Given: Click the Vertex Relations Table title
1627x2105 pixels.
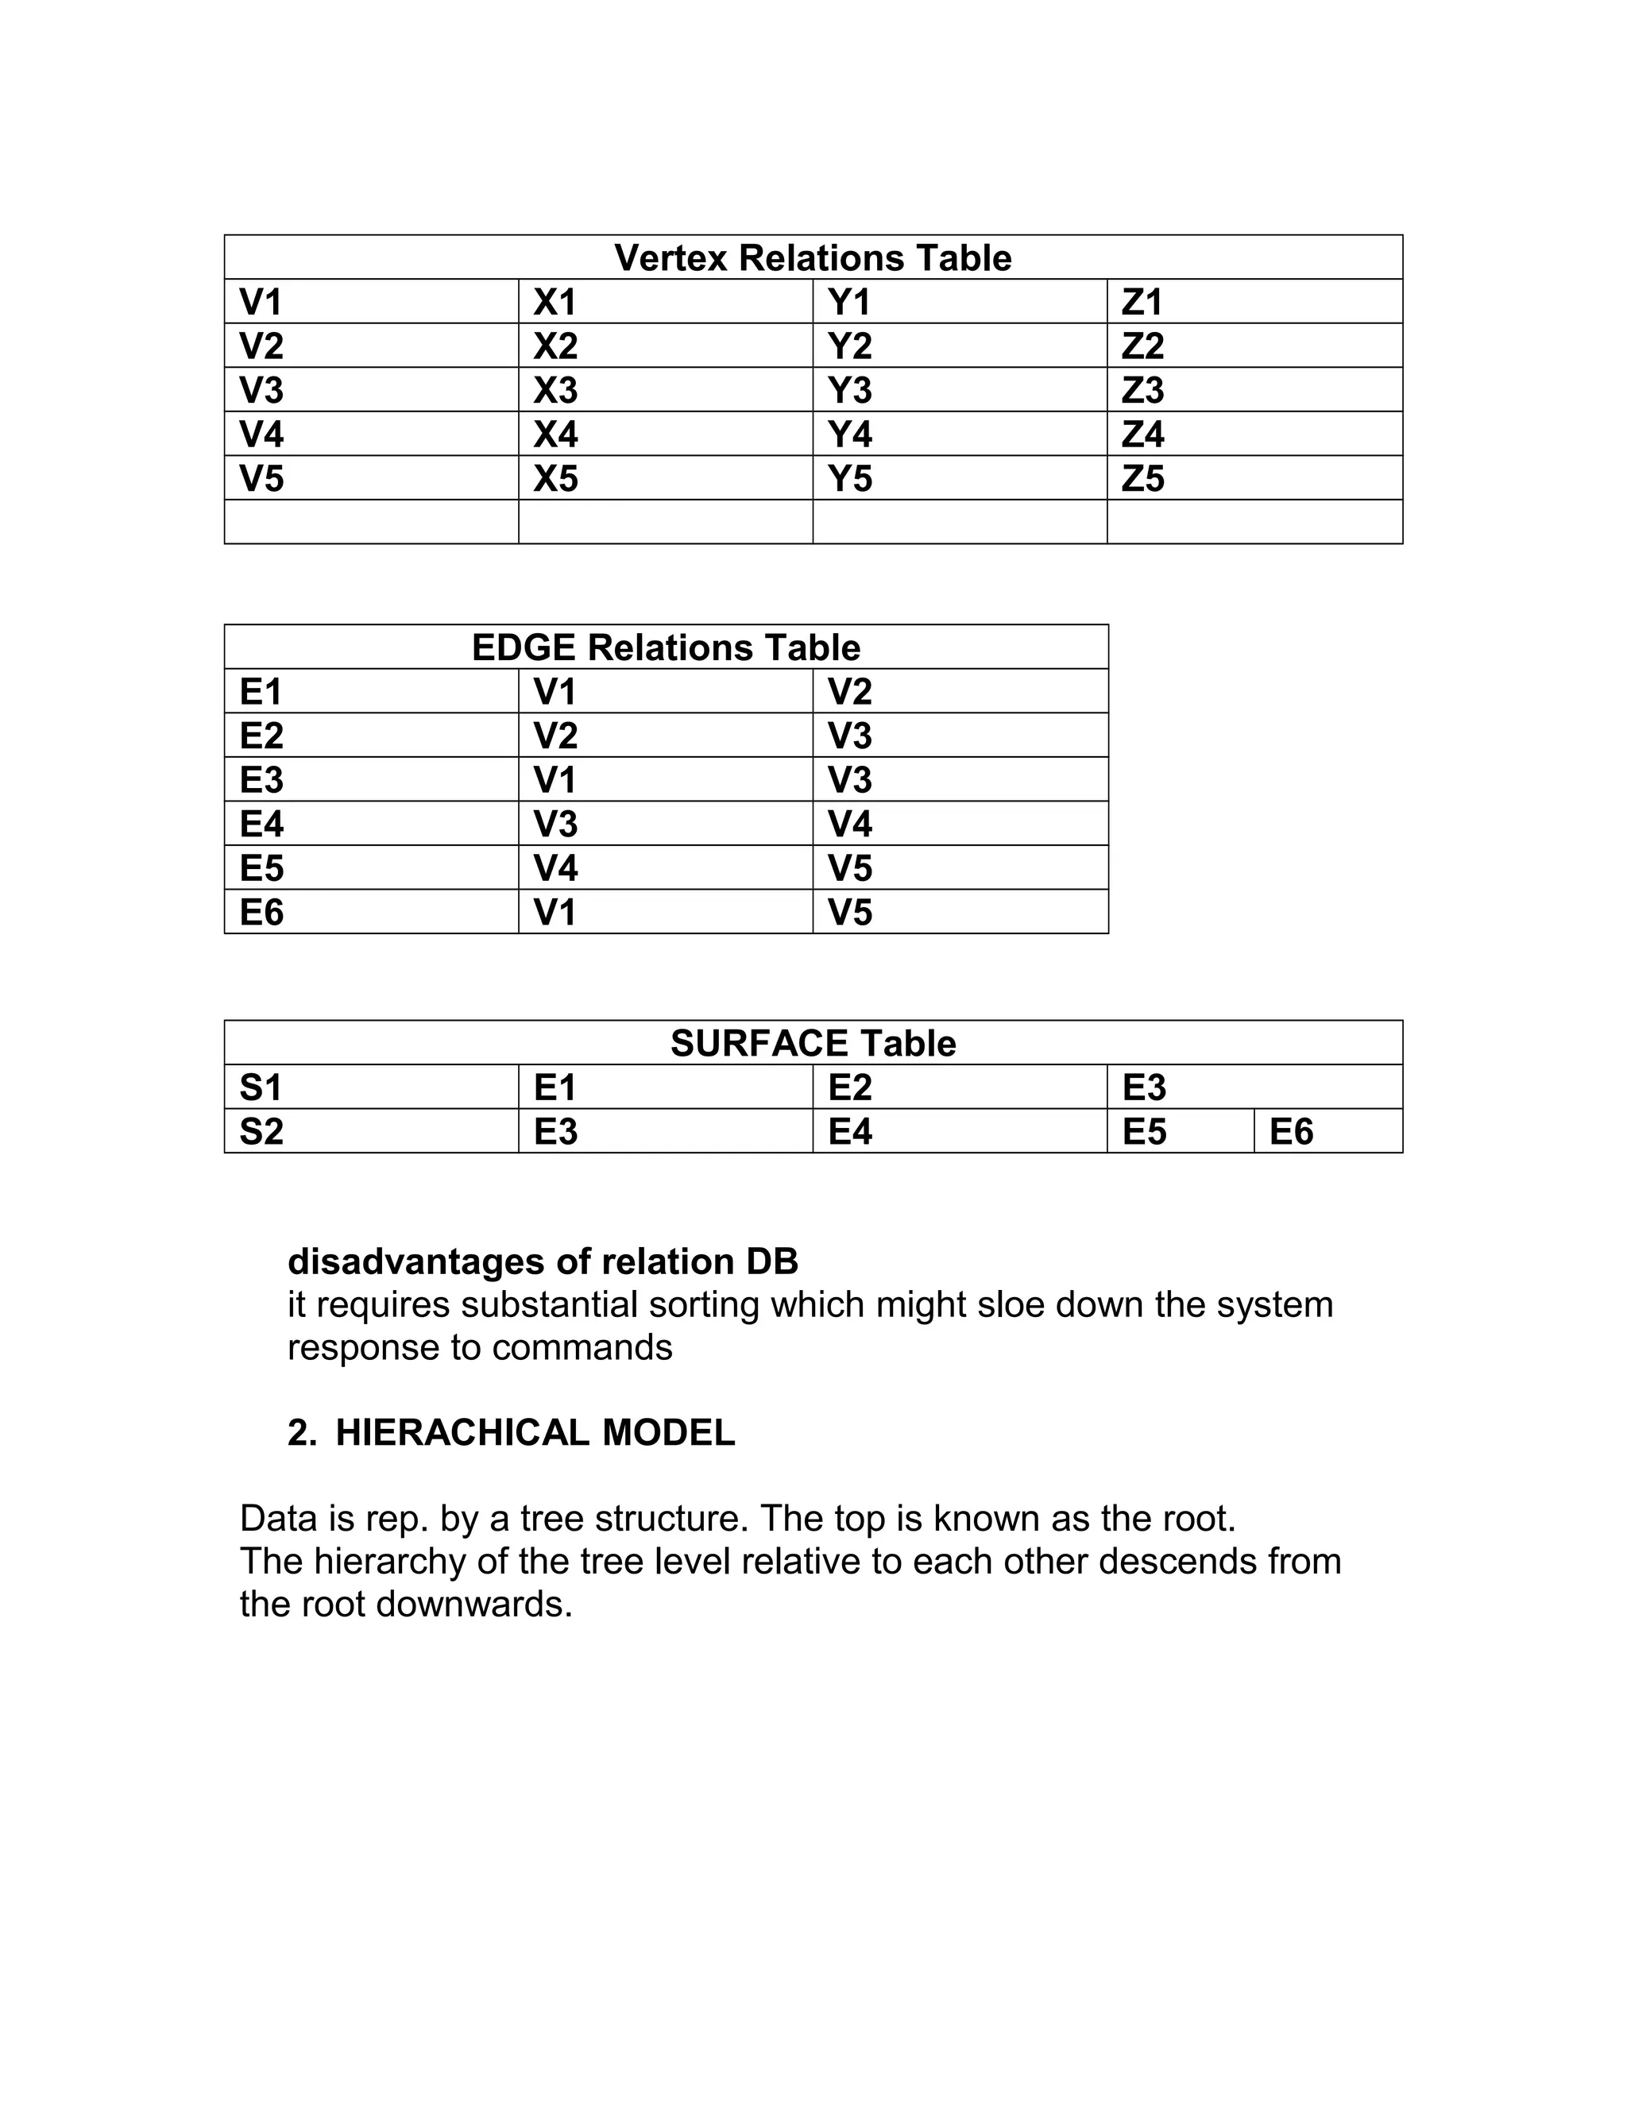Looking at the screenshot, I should pyautogui.click(x=813, y=258).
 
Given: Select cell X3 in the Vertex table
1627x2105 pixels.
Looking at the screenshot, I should pyautogui.click(x=555, y=390).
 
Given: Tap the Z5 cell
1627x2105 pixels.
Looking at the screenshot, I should pyautogui.click(x=1142, y=479).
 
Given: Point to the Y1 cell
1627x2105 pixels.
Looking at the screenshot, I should pyautogui.click(x=848, y=303).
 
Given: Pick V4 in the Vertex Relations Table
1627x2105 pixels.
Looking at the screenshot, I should pyautogui.click(x=261, y=435).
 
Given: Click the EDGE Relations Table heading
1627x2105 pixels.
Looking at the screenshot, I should pyautogui.click(x=665, y=647).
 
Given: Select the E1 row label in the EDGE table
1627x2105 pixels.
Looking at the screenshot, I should pyautogui.click(x=261, y=692).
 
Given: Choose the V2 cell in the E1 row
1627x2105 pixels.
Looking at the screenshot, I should pyautogui.click(x=849, y=692).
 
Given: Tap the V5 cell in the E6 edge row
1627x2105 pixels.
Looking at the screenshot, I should pyautogui.click(x=849, y=913).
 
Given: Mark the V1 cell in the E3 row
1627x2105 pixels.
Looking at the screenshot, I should pyautogui.click(x=555, y=780).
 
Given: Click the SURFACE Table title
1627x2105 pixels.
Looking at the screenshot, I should pyautogui.click(x=813, y=1044).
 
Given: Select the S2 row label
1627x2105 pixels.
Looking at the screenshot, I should pyautogui.click(x=261, y=1131).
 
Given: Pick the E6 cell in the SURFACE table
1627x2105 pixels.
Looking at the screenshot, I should pyautogui.click(x=1291, y=1131).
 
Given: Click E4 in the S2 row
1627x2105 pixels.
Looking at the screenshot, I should pyautogui.click(x=849, y=1131).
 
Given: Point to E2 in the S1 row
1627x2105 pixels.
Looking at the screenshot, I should pyautogui.click(x=849, y=1088).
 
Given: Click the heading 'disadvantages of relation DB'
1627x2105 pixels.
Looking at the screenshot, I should pyautogui.click(x=543, y=1261).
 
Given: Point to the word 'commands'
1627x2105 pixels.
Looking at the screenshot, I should pyautogui.click(x=582, y=1347).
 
